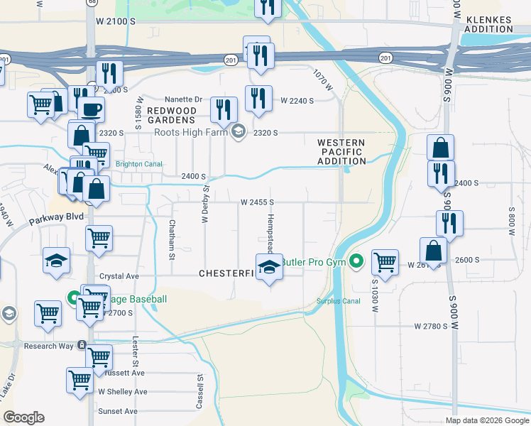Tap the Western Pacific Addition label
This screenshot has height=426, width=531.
pos(341,152)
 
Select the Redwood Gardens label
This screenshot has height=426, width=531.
pos(172,116)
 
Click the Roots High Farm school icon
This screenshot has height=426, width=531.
pos(239,131)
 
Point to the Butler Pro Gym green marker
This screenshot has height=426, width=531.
pos(357,262)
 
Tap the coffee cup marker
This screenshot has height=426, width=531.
pos(90,109)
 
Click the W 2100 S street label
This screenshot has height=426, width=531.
pos(112,22)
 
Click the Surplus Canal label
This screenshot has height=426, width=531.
pos(339,300)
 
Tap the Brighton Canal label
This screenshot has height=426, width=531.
pos(138,163)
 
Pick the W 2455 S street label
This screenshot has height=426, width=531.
pos(257,202)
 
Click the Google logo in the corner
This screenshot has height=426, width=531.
pos(23,417)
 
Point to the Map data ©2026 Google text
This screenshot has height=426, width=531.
pos(488,420)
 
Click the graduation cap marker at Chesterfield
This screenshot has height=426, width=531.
pos(269,268)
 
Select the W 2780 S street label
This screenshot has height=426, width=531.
pos(431,326)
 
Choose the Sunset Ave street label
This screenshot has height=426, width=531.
pos(118,411)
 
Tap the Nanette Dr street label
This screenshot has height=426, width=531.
pos(183,99)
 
